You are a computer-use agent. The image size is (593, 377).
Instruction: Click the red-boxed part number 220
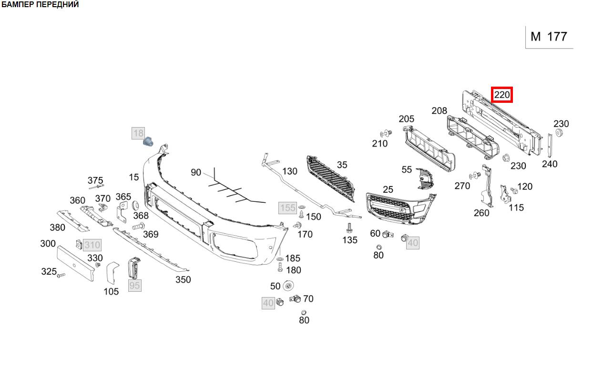(x=502, y=95)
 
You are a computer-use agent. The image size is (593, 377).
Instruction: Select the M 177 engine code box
(x=549, y=37)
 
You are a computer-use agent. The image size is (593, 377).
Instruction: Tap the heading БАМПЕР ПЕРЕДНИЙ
(x=40, y=5)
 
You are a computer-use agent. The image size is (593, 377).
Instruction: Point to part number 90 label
(x=196, y=172)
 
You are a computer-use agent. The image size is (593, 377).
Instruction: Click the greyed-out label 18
(x=138, y=133)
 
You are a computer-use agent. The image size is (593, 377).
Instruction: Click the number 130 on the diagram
(x=289, y=171)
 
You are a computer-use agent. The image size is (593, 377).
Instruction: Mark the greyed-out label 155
(x=287, y=208)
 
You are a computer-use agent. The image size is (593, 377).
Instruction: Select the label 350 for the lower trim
(x=183, y=279)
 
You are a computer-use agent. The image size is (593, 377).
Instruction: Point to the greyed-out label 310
(x=92, y=245)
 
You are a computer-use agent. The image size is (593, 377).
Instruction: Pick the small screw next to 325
(x=61, y=275)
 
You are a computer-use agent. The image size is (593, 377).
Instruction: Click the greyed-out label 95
(x=134, y=285)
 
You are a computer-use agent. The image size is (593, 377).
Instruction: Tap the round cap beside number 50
(x=288, y=286)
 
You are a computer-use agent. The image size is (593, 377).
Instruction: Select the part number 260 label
(x=481, y=213)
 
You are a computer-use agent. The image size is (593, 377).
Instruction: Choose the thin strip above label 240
(x=550, y=145)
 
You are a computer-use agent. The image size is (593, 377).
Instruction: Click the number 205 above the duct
(x=407, y=119)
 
